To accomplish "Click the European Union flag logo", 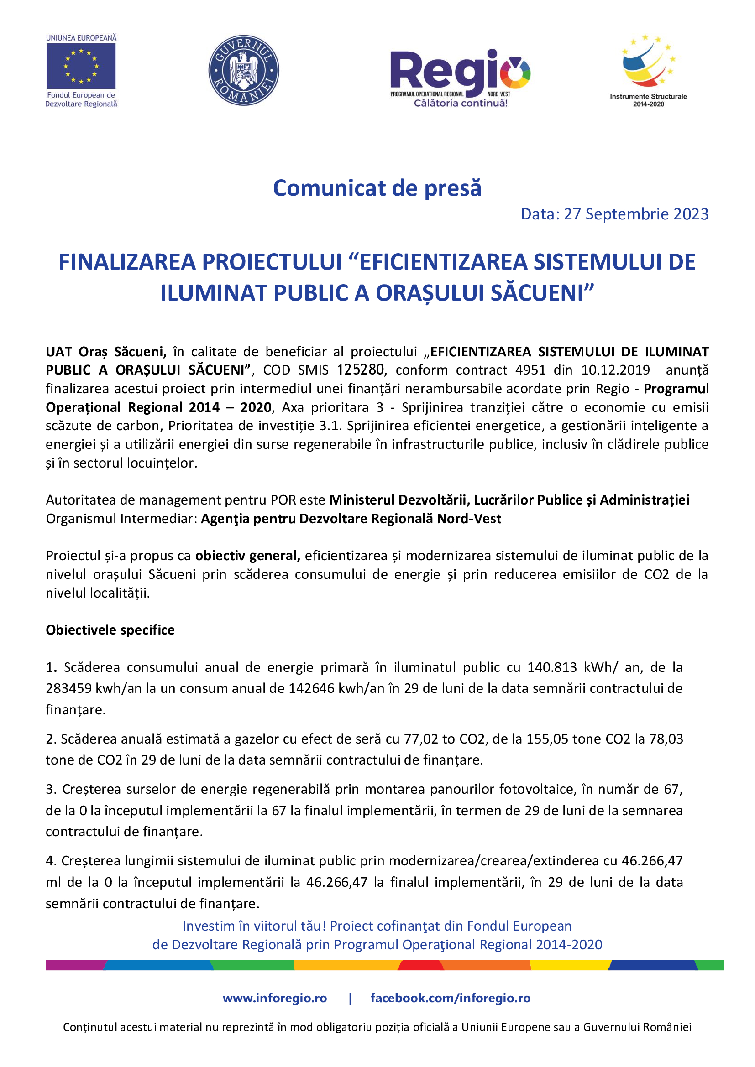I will point(81,66).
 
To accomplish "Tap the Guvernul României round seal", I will point(244,70).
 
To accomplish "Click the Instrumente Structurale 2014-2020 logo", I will point(648,70).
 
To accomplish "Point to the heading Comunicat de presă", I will point(377,188).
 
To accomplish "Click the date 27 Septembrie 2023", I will point(636,214).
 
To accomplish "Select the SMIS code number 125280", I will point(360,370).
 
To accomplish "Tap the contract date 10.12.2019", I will point(615,370).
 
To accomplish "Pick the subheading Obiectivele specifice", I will point(110,630).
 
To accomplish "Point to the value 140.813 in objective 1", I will point(552,668).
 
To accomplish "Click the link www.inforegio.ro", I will point(275,998).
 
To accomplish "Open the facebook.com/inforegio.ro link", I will point(450,998).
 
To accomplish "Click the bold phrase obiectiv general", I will point(247,556).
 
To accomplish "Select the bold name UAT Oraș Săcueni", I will point(106,352).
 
